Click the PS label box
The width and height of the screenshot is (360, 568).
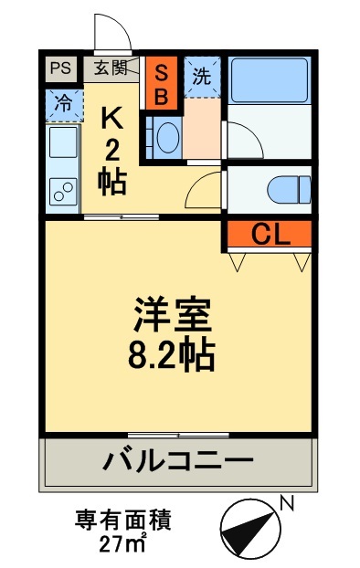tap(59, 68)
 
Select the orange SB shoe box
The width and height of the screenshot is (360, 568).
tap(161, 82)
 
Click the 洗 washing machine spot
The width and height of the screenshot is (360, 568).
tap(201, 76)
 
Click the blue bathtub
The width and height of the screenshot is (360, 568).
tap(269, 80)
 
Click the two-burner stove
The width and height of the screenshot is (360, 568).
tap(63, 191)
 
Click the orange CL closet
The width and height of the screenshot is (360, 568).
tap(270, 235)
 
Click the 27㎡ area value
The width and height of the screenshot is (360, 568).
tap(122, 545)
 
